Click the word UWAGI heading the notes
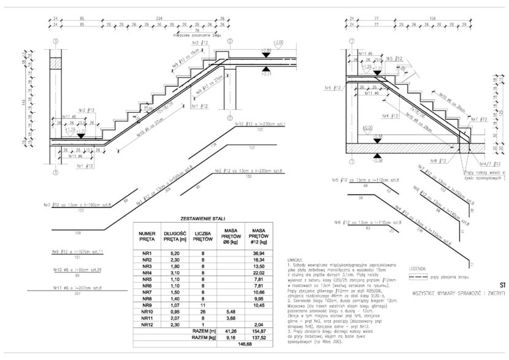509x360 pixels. pos(294,259)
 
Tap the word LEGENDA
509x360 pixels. pos(416,268)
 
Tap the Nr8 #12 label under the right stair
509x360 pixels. pos(421,161)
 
